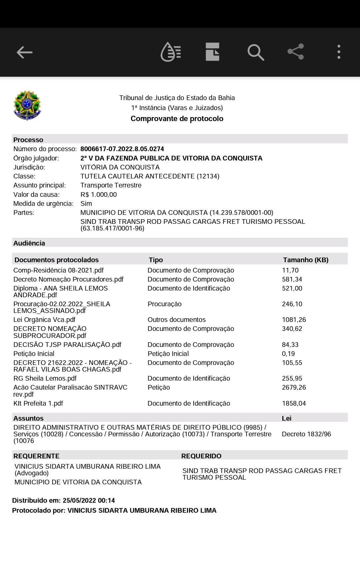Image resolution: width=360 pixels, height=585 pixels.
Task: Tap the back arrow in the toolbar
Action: tap(25, 52)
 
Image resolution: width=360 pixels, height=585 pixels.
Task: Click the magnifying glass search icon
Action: tap(256, 52)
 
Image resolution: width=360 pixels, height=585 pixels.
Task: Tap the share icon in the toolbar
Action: tap(296, 52)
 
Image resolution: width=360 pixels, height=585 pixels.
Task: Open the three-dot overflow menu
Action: tap(339, 52)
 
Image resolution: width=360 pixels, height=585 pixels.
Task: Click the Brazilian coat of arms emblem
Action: tap(27, 105)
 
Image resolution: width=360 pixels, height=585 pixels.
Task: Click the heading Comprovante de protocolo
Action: tap(177, 119)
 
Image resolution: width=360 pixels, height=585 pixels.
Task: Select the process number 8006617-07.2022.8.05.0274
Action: tap(122, 149)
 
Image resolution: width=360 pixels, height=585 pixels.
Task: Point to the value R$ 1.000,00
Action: tap(99, 195)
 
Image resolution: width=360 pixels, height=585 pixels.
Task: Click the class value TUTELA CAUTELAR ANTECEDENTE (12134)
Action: tap(150, 176)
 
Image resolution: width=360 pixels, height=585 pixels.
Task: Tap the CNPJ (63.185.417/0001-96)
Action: tap(112, 229)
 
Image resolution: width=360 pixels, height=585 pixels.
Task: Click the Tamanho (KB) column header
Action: tap(305, 260)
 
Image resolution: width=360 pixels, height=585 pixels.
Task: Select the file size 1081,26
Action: tap(294, 320)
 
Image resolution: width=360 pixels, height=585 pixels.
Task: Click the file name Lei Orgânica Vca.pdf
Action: tap(44, 320)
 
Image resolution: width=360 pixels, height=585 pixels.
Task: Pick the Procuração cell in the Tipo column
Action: tap(164, 304)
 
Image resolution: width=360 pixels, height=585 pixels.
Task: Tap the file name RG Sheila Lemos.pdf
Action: tap(45, 379)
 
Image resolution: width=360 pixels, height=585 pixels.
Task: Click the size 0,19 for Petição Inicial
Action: tap(288, 354)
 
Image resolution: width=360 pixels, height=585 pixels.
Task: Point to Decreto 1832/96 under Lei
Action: tap(306, 434)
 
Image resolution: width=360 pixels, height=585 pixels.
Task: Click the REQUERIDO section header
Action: tap(201, 456)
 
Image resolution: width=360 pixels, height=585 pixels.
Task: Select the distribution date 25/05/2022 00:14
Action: tap(89, 501)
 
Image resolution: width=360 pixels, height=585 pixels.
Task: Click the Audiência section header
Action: tap(29, 243)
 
